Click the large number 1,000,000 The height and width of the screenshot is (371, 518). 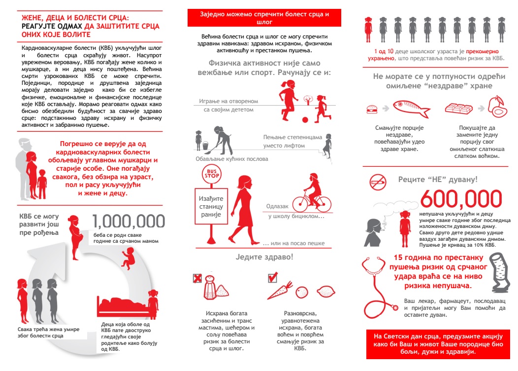tap(129, 222)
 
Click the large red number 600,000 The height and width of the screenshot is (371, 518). tap(461, 199)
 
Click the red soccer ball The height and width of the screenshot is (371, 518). tap(305, 120)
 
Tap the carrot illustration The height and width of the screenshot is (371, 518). tap(282, 291)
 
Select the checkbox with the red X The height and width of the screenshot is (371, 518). tap(197, 278)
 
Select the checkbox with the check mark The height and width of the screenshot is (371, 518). tap(272, 278)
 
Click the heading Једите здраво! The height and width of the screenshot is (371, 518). tap(264, 257)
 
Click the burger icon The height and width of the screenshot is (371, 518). tap(373, 109)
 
